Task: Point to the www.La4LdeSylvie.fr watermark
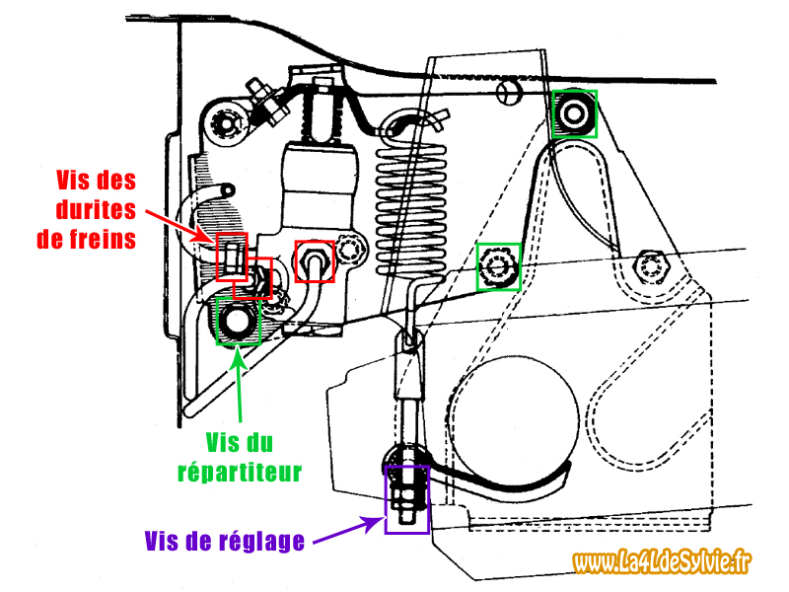coord(662,562)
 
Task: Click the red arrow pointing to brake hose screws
coord(179,222)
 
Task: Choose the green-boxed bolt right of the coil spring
coord(499,266)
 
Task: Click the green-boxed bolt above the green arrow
coord(238,321)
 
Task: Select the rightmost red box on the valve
coord(317,260)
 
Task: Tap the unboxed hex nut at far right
coord(652,265)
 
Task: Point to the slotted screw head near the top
coord(509,92)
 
